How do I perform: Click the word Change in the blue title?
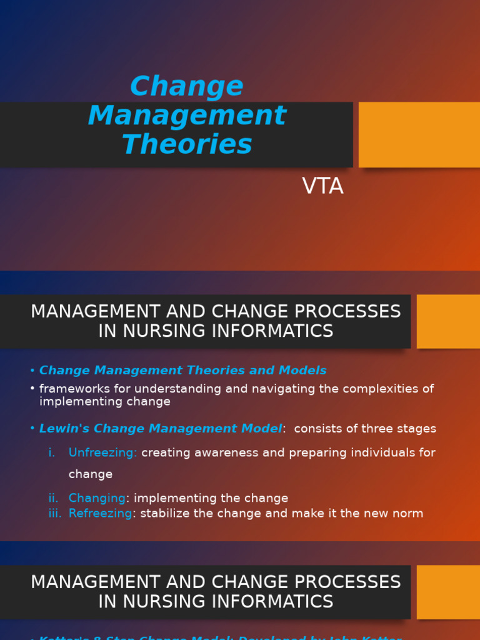(186, 87)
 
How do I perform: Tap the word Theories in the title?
(187, 144)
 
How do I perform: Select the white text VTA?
(322, 186)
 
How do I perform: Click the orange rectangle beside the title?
(419, 134)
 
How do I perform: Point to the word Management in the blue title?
(187, 116)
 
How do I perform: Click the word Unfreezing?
(102, 452)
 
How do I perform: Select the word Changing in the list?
(97, 498)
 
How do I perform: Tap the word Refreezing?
(100, 513)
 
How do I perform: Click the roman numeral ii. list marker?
(54, 498)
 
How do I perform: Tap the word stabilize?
(166, 513)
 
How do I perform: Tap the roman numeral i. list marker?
(52, 452)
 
